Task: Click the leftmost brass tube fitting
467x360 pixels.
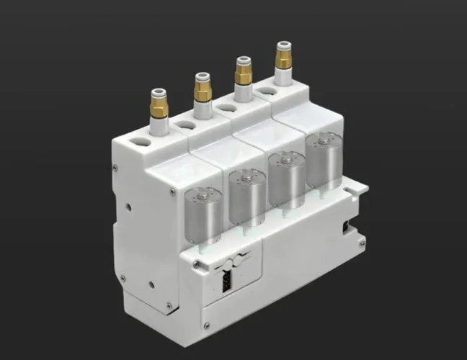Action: pyautogui.click(x=157, y=105)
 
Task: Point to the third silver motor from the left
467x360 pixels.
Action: pyautogui.click(x=286, y=178)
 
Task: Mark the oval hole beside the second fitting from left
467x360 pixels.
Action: pyautogui.click(x=185, y=123)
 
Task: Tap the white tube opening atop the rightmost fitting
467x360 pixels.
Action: pyautogui.click(x=283, y=45)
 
